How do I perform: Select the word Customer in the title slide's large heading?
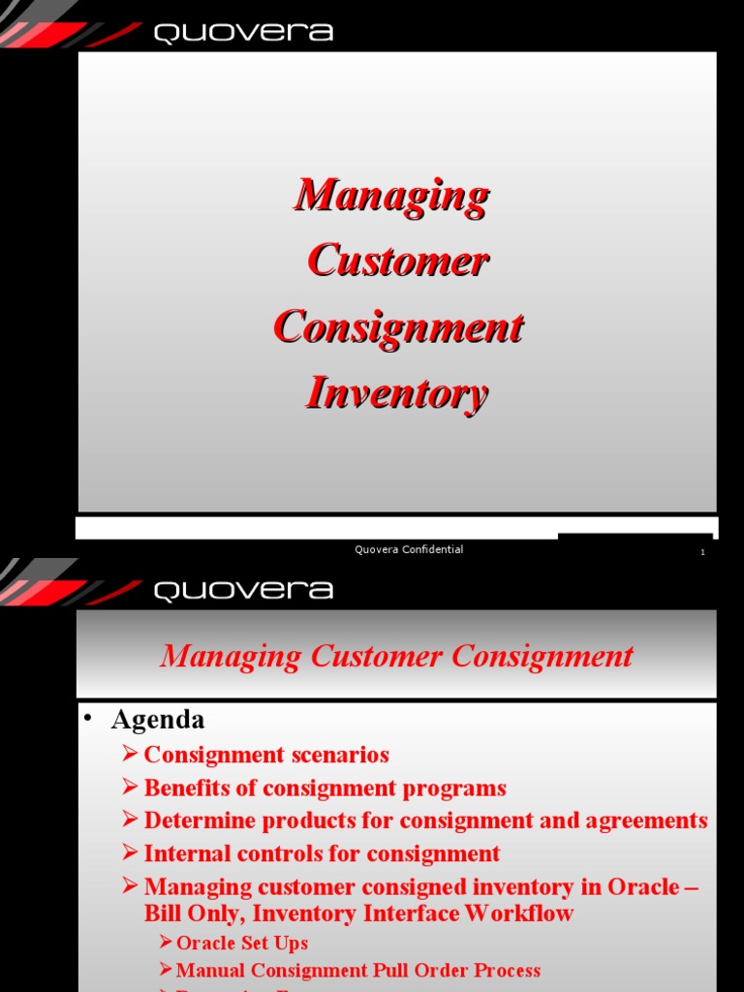pyautogui.click(x=397, y=261)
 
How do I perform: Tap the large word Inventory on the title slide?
pyautogui.click(x=397, y=393)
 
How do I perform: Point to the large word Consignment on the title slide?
pyautogui.click(x=398, y=326)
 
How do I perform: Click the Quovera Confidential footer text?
pyautogui.click(x=409, y=550)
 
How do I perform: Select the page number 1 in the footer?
pyautogui.click(x=702, y=552)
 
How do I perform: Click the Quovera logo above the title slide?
pyautogui.click(x=243, y=33)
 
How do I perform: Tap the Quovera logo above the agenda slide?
pyautogui.click(x=243, y=590)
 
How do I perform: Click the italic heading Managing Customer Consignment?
pyautogui.click(x=396, y=656)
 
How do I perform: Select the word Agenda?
pyautogui.click(x=158, y=720)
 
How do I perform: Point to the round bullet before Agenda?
pyautogui.click(x=87, y=718)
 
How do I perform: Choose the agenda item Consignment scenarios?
pyautogui.click(x=266, y=755)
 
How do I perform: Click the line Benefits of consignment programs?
pyautogui.click(x=325, y=788)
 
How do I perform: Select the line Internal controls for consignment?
pyautogui.click(x=322, y=853)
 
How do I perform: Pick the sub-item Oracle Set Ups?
pyautogui.click(x=242, y=943)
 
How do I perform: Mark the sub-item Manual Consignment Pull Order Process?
pyautogui.click(x=358, y=970)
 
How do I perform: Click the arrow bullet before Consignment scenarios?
pyautogui.click(x=131, y=755)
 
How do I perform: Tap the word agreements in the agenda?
pyautogui.click(x=646, y=821)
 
